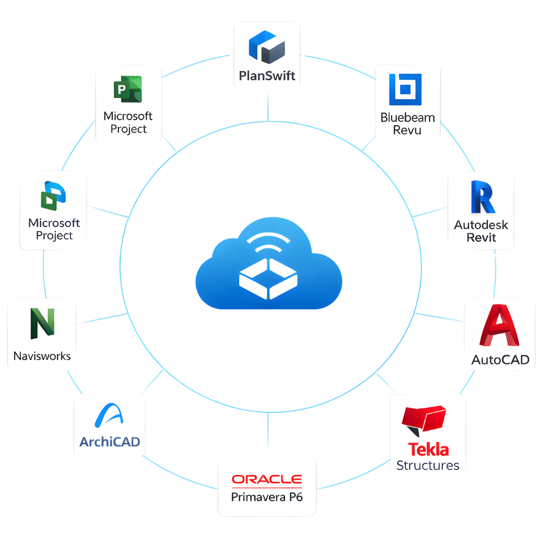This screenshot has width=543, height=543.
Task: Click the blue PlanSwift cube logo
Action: tap(267, 46)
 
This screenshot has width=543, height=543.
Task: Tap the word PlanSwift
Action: tap(267, 75)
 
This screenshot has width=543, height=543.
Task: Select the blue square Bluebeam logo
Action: tap(405, 89)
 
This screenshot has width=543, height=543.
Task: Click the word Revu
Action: tap(407, 130)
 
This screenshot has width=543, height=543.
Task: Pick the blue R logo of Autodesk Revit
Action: tap(481, 197)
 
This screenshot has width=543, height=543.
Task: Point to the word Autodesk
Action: tap(481, 224)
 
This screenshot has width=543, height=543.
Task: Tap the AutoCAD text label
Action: tap(500, 360)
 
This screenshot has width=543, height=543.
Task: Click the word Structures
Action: tap(428, 466)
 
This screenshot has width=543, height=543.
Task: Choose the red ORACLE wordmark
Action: tap(267, 479)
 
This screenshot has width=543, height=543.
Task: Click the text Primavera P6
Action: tap(267, 497)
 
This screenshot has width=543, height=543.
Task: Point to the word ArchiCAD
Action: tap(109, 441)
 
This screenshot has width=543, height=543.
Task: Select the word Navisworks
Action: tap(42, 356)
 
